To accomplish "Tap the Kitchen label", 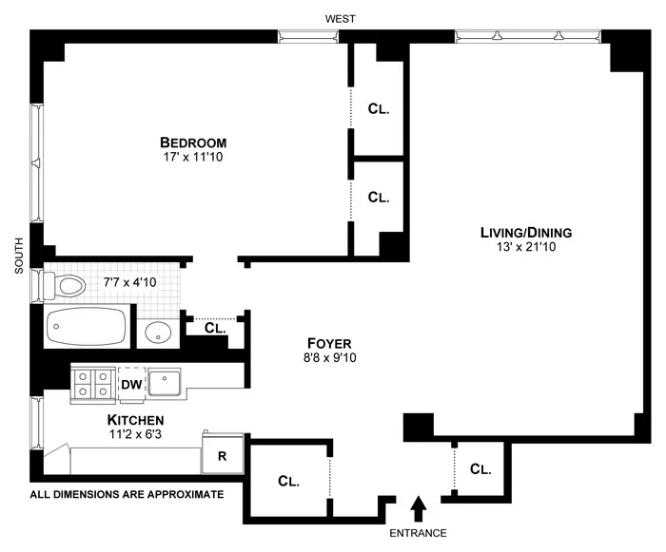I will (x=136, y=419).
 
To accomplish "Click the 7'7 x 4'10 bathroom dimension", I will (x=128, y=282).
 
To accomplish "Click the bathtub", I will (x=86, y=329).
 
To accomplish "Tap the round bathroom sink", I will (x=158, y=333).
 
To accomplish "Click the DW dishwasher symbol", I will (x=132, y=384).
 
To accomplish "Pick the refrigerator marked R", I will (x=223, y=455).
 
